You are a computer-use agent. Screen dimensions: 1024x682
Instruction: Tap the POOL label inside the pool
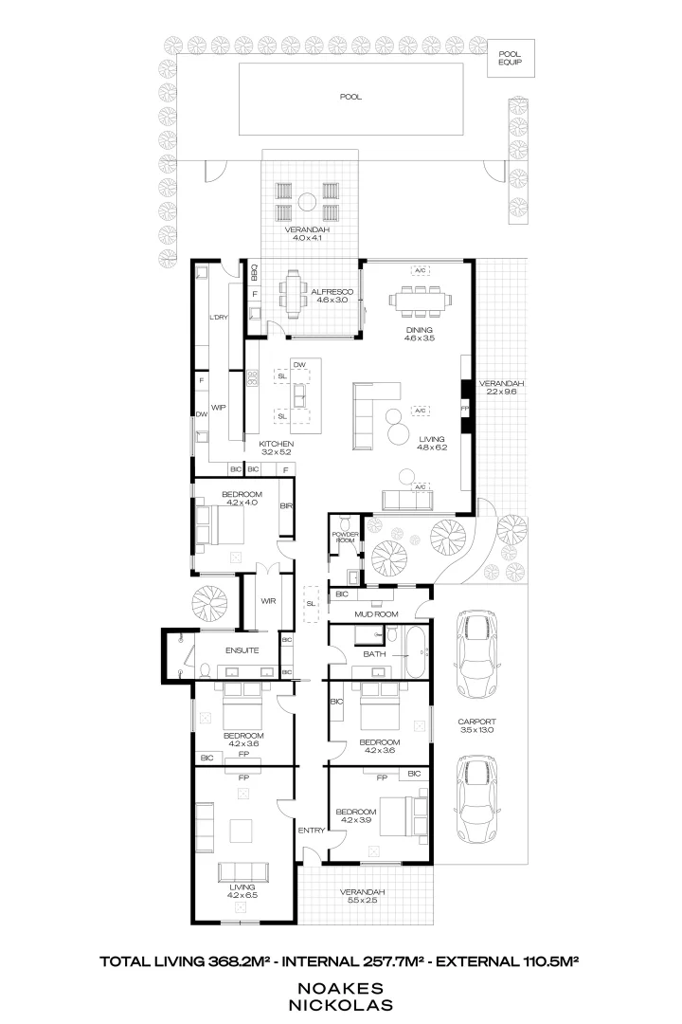(x=350, y=97)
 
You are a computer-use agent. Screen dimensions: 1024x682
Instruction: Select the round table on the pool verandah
(x=308, y=202)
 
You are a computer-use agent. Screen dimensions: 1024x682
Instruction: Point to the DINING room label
(x=419, y=330)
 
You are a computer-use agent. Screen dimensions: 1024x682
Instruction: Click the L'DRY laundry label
(x=217, y=317)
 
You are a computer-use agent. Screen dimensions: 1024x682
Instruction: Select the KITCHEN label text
(x=277, y=444)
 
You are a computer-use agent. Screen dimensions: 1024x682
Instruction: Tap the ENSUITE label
(x=241, y=651)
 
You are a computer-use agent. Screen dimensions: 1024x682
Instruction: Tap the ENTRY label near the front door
(x=311, y=831)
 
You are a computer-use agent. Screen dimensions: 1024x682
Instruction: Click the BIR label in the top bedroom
(x=285, y=506)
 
